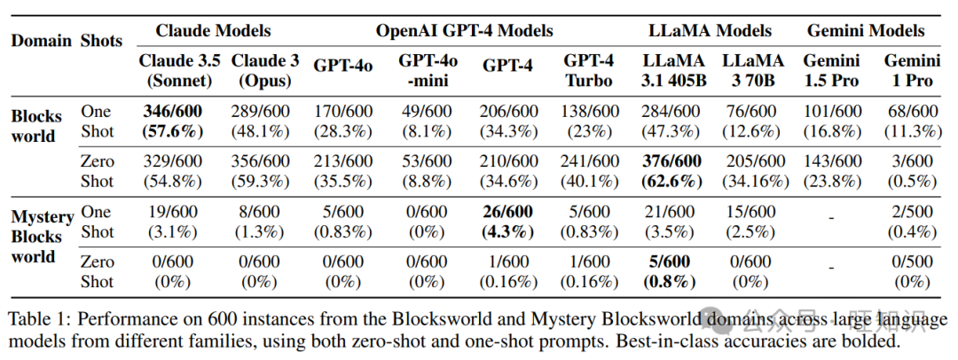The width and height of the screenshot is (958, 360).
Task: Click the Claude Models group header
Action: pos(213,31)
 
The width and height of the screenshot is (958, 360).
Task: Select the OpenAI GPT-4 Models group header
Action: pos(464,31)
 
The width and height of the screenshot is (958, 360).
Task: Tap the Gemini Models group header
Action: pos(865,31)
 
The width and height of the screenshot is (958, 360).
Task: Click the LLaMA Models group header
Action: pos(710,31)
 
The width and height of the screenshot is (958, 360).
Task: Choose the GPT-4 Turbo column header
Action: pos(587,71)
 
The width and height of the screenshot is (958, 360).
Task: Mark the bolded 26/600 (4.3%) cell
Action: pos(509,222)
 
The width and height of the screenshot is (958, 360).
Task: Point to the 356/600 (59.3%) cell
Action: pos(260,170)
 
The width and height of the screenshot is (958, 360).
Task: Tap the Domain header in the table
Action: pos(40,41)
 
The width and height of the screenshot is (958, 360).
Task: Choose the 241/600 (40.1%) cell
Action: pos(587,170)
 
